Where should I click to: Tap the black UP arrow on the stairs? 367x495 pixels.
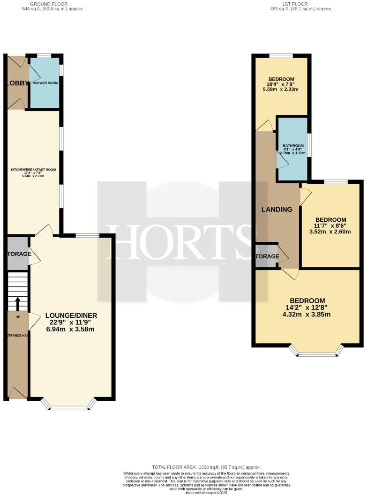click(x=18, y=304)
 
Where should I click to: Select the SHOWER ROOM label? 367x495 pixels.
click(x=44, y=82)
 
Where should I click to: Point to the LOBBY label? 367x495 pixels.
click(x=15, y=83)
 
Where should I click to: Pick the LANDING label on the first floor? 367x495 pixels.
click(x=277, y=210)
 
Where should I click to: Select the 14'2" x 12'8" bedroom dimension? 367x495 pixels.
click(x=307, y=307)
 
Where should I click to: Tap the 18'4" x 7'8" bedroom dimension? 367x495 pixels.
click(x=281, y=84)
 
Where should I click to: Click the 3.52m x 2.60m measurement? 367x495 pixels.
click(x=330, y=231)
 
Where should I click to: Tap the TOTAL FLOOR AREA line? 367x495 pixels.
click(x=206, y=467)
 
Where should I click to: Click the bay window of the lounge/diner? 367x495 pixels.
click(x=69, y=405)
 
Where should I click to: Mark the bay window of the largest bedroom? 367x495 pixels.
click(x=316, y=352)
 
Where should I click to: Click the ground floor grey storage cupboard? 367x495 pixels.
click(x=18, y=254)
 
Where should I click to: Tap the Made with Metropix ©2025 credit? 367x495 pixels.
click(x=206, y=493)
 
